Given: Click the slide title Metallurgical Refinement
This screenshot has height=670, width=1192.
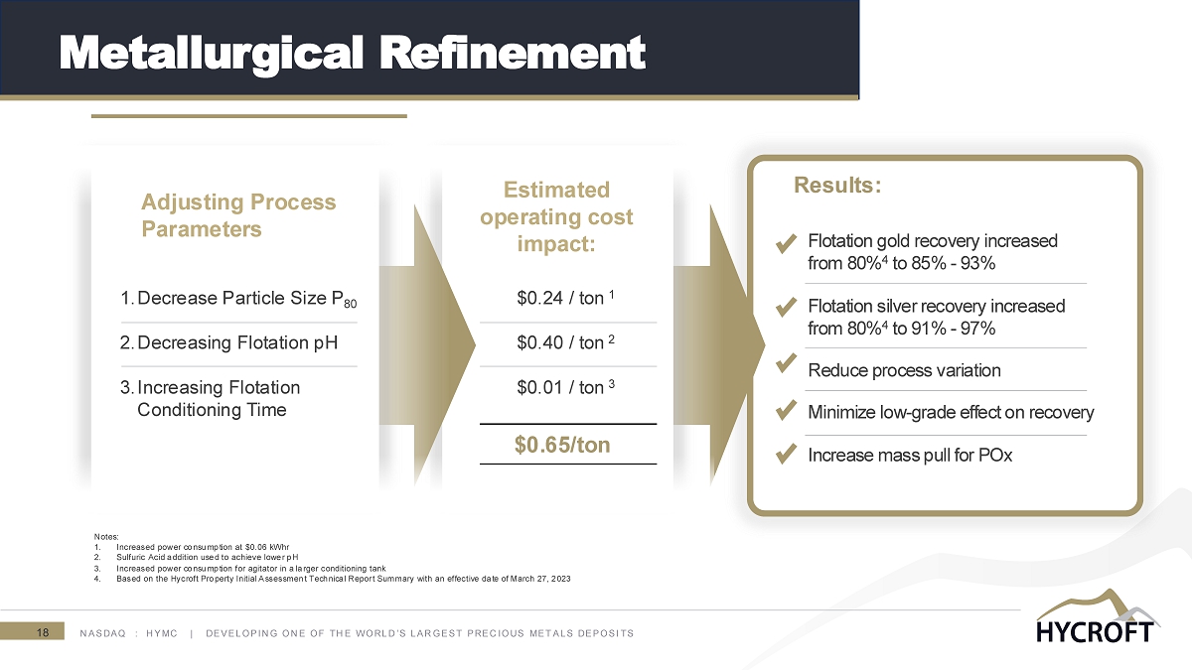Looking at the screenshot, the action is pos(352,54).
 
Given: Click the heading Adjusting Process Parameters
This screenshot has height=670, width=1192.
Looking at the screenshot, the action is pos(238,215).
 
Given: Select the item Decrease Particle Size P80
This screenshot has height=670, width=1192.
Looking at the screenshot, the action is pos(238,299).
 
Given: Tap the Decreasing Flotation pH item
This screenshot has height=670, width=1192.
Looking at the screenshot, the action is pos(228,342).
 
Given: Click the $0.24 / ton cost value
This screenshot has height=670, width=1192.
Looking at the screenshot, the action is pos(565,297).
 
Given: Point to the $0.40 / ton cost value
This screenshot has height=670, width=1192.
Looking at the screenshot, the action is pos(565,341).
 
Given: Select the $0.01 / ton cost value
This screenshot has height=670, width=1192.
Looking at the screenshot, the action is pos(565,386).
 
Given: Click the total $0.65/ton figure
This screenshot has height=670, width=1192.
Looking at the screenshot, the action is pos(562,445).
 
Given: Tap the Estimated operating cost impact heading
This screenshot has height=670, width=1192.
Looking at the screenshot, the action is pos(556,216).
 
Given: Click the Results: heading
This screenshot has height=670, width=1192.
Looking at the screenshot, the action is pos(837,185).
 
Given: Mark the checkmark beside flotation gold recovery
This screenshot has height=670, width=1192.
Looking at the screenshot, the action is pos(786,243).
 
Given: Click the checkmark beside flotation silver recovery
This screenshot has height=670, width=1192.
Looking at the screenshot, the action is pos(786,307).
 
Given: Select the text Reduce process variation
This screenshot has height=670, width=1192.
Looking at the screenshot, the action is pos(904,370).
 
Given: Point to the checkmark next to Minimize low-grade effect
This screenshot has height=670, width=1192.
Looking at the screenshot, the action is pos(786,410).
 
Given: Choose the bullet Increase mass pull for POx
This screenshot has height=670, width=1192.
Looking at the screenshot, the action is pos(910,456).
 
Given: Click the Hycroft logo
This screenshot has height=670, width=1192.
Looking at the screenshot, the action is pos(1098,615).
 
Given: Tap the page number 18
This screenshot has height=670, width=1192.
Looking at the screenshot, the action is pos(43,632).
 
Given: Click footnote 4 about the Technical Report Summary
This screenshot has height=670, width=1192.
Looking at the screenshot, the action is pos(332,579).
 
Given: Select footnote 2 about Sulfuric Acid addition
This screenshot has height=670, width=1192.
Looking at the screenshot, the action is pos(196,557).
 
